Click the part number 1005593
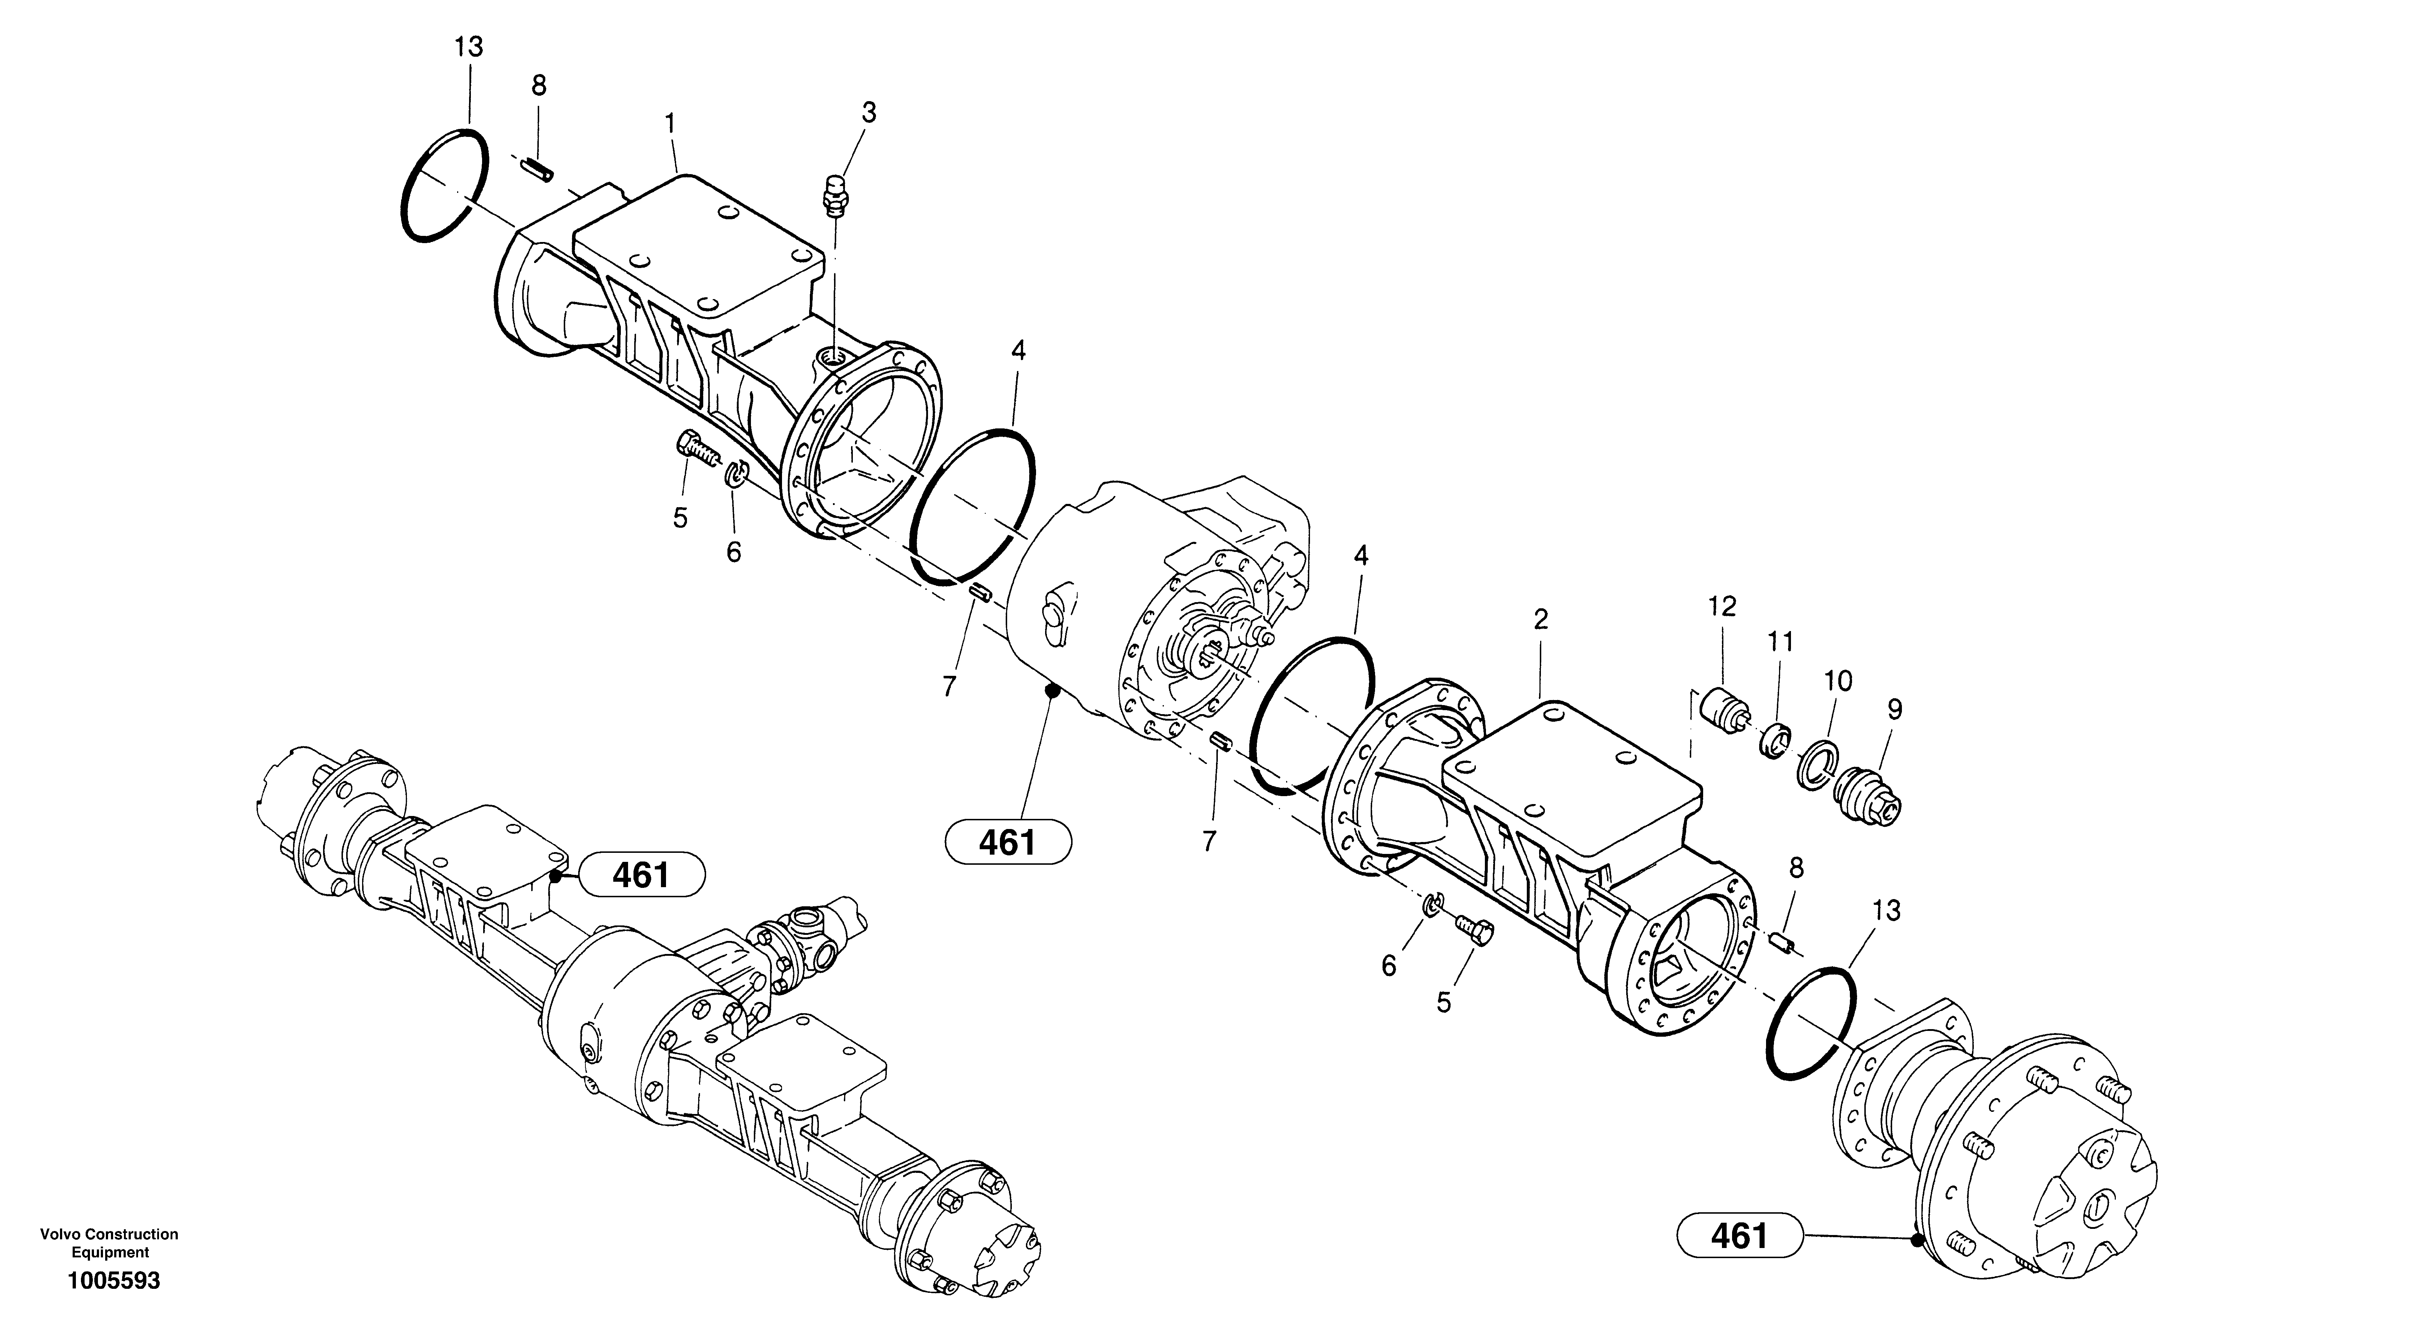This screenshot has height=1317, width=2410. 113,1281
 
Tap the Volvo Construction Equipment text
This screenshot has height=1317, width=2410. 108,1243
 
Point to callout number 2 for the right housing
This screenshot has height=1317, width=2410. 1540,619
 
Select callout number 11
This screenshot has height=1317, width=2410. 1780,643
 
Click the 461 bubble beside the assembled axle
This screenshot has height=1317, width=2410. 642,876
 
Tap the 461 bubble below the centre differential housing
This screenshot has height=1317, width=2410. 1008,843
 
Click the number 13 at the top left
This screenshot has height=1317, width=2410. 469,47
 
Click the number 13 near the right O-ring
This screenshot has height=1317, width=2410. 1886,911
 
